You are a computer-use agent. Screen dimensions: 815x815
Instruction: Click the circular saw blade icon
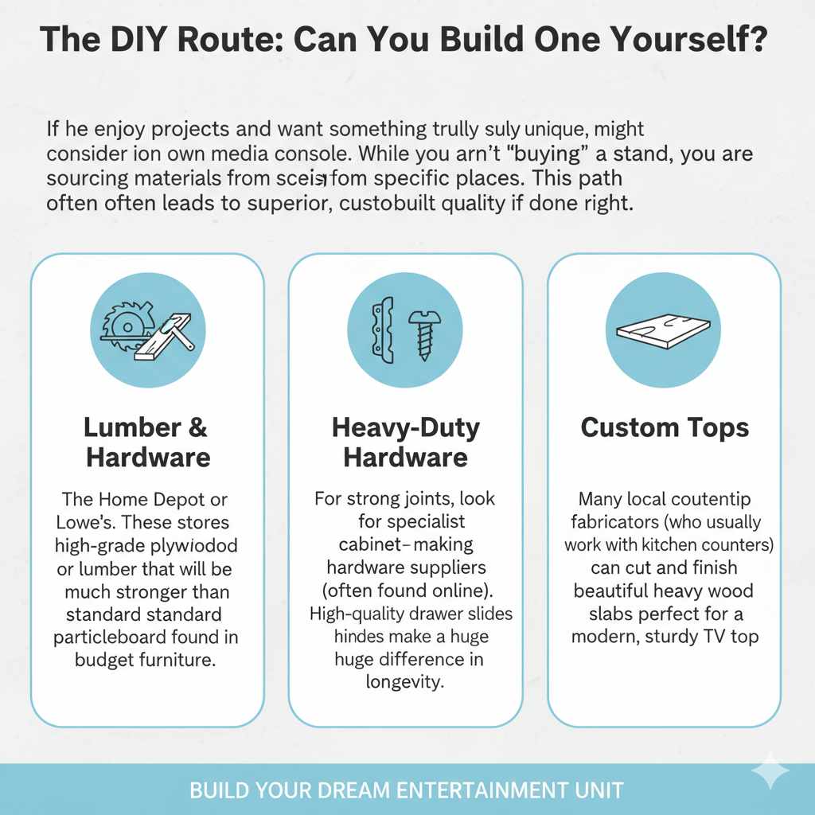click(123, 326)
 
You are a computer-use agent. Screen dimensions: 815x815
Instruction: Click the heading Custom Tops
click(665, 428)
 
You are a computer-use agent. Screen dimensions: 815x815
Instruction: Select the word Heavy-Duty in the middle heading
click(406, 427)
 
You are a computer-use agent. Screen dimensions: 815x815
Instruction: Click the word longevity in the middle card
click(406, 681)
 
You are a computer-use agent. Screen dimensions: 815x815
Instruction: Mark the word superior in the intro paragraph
click(291, 203)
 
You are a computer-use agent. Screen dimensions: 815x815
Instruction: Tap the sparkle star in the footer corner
click(770, 770)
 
